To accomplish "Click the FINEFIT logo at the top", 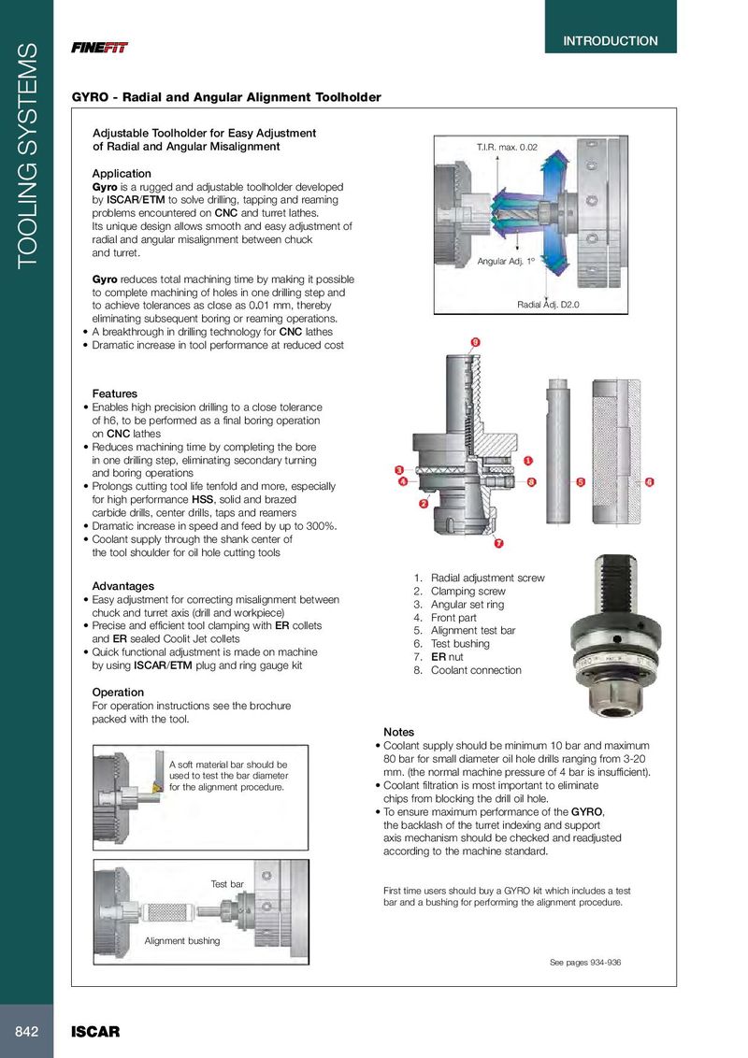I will point(100,48).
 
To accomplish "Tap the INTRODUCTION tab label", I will point(611,41).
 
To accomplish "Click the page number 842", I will point(26,1031).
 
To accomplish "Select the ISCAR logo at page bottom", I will point(96,1032).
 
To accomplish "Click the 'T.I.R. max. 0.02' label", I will point(507,148).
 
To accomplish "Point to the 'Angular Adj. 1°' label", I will point(506,262).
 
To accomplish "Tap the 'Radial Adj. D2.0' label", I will point(549,305).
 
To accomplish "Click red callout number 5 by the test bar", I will point(581,482).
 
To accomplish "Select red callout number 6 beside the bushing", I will point(649,482).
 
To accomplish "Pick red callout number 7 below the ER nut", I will point(498,543).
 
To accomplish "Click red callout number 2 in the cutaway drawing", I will point(424,504).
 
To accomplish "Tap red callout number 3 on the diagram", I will point(398,469).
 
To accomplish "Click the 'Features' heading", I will point(114,394).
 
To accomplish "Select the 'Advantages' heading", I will point(122,586).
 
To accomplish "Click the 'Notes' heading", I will point(398,732).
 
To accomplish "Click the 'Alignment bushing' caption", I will point(182,940).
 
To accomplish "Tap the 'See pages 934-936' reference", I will point(584,963).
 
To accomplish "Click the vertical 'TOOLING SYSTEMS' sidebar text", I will point(26,154).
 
